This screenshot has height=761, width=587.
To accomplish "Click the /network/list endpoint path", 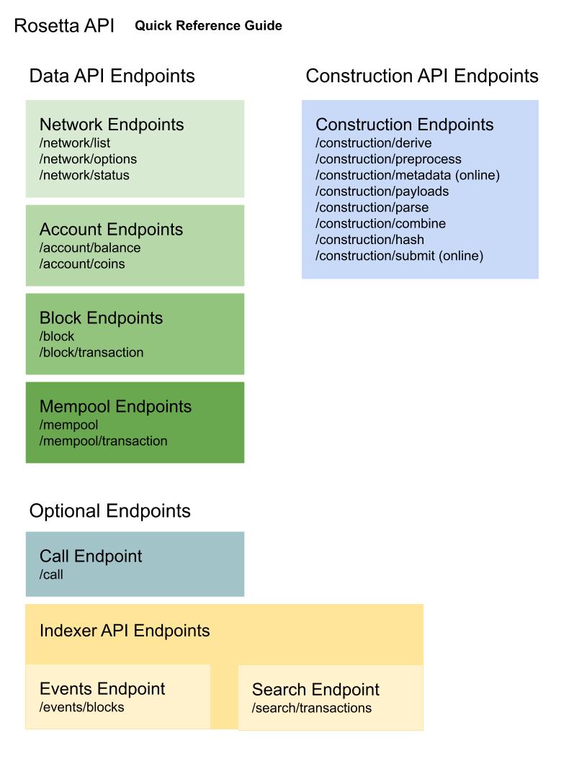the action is coord(75,143).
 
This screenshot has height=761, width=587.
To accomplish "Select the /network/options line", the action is coord(88,159).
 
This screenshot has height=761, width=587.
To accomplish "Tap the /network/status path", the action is coord(84,175).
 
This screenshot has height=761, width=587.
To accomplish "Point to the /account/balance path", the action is coord(90,248).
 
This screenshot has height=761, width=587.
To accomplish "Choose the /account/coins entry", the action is coord(82,264).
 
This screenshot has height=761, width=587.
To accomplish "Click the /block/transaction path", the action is coord(91,352).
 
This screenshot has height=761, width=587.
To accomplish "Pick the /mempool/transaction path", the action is coord(104,441).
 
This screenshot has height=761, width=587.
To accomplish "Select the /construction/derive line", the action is coord(373,143).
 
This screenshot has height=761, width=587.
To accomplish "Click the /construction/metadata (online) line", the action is coord(408,175).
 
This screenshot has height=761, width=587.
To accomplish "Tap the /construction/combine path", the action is coord(381,224).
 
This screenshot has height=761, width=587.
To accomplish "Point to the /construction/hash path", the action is coord(369,240).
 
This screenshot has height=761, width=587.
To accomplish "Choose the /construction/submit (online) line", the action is coord(399,256).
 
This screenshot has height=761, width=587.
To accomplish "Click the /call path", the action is coord(51,575).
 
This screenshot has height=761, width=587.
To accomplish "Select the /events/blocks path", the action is coord(81,707).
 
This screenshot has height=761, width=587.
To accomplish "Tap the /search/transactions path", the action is coord(311,708).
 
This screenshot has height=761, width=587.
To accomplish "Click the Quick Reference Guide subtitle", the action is coord(208,26).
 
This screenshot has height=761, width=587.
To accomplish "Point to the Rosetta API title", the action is coord(64,26).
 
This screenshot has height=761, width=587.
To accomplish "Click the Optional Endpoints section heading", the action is coord(109,511).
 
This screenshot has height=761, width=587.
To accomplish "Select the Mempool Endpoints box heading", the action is coord(115,407).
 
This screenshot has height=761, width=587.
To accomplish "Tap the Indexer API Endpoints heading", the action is coord(125,631).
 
